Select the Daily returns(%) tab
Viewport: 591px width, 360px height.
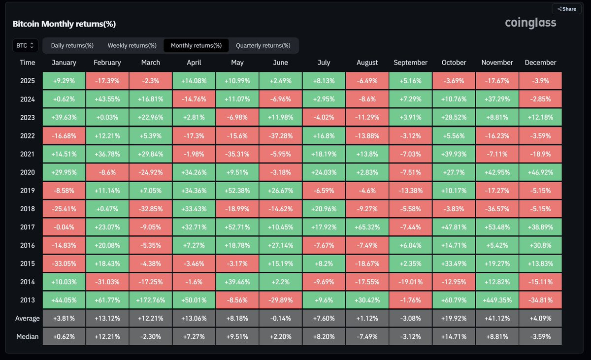point(72,46)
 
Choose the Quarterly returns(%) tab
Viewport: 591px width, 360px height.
point(263,46)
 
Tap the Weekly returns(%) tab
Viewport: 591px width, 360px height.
point(132,46)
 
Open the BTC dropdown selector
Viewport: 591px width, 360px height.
point(25,46)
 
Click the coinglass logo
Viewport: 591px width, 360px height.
point(530,23)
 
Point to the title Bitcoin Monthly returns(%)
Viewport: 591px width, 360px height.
point(64,24)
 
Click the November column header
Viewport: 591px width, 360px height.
point(497,63)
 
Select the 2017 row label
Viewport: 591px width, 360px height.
point(28,227)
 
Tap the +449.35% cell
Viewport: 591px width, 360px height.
point(497,300)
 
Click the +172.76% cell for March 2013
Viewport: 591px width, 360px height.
point(151,300)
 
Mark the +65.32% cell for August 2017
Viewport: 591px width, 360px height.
point(367,227)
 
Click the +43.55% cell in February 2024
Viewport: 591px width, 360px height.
point(107,99)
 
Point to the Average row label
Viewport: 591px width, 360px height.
point(28,318)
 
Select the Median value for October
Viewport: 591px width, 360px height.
point(454,336)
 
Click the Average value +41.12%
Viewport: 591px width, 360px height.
point(497,318)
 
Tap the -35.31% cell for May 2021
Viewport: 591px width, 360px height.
point(237,154)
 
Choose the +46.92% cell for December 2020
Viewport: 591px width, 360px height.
point(540,172)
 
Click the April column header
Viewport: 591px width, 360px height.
point(194,63)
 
